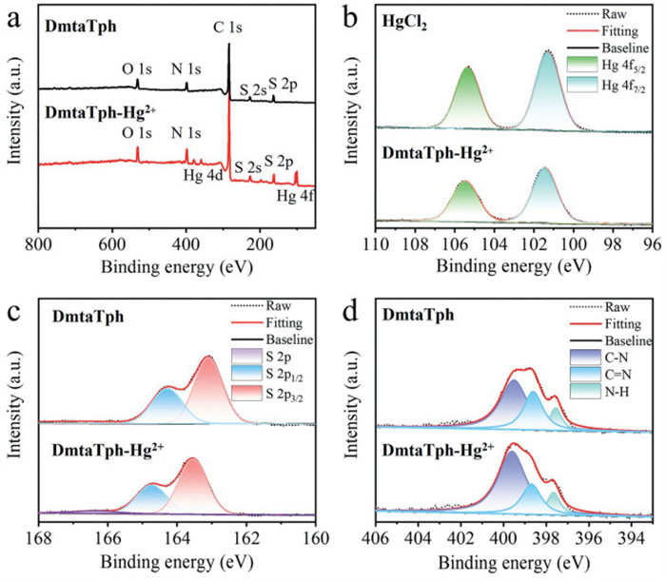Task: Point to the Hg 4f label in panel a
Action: click(292, 198)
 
